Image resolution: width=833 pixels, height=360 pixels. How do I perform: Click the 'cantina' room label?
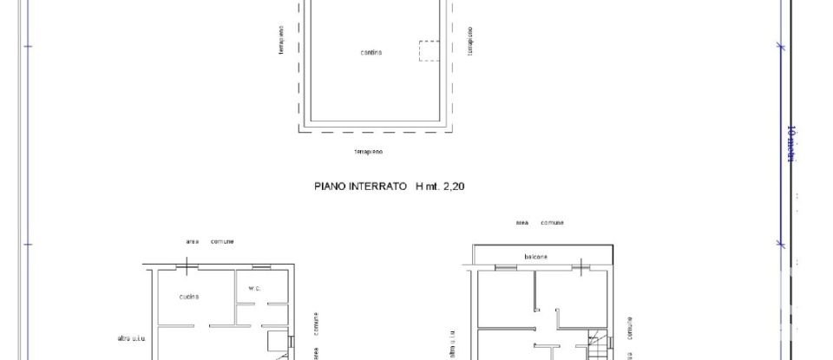[x=371, y=53]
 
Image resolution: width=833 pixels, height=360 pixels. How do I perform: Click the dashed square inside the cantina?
[x=430, y=50]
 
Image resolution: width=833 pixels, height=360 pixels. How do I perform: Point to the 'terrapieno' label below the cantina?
[x=368, y=152]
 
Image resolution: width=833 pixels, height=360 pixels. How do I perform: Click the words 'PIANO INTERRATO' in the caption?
[x=360, y=186]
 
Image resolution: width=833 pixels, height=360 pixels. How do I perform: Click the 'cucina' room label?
[x=189, y=297]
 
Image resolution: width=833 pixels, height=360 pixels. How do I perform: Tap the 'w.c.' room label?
[x=254, y=288]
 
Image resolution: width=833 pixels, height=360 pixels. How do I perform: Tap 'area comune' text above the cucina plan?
[x=210, y=241]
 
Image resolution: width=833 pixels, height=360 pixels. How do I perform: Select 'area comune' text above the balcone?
[x=540, y=223]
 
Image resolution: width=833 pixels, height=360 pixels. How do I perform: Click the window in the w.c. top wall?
[x=260, y=267]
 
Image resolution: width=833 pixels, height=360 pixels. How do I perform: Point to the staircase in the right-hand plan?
[x=597, y=346]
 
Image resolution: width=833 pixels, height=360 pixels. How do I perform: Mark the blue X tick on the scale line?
[x=779, y=46]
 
